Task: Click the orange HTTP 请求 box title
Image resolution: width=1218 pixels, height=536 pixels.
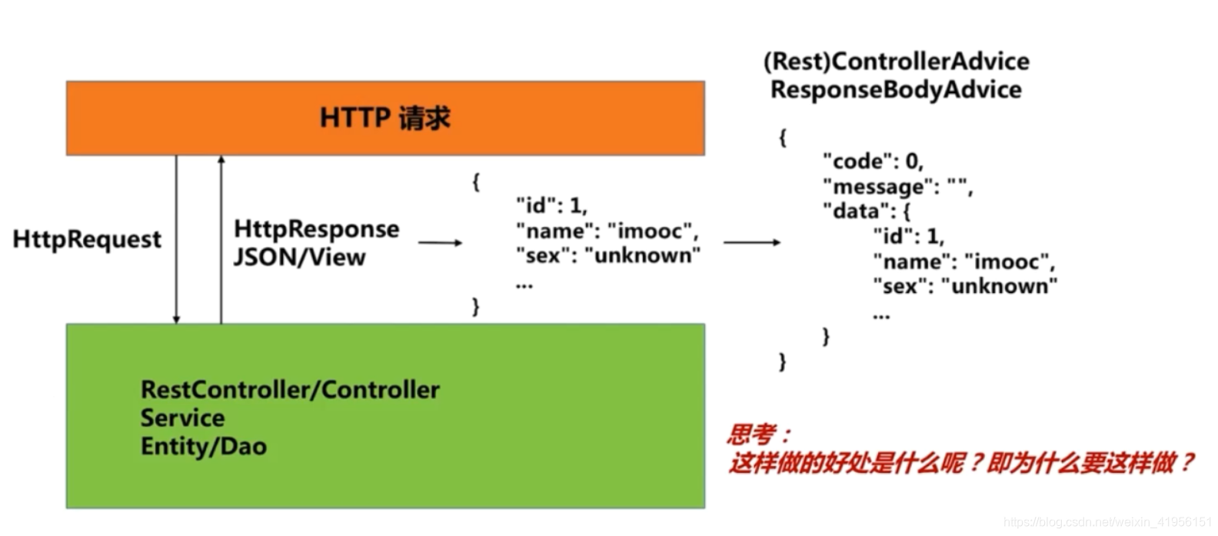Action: (x=384, y=118)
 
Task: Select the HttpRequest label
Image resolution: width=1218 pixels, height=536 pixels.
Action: (x=87, y=239)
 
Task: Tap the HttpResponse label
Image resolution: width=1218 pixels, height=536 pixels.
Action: (x=316, y=228)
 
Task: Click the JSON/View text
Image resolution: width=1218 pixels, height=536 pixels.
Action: (x=299, y=257)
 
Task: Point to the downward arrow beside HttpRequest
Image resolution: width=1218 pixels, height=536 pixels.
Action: (x=176, y=239)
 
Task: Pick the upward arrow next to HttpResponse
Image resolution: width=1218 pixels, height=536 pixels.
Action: (x=221, y=239)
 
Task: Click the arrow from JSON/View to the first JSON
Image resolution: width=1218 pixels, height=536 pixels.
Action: (x=440, y=243)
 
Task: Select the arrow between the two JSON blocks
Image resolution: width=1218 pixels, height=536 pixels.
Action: (x=751, y=243)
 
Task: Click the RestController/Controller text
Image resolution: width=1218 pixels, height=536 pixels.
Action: (x=290, y=390)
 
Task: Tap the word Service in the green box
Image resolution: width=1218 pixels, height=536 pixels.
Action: (x=182, y=418)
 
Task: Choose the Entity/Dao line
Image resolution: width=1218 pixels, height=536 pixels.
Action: (x=203, y=447)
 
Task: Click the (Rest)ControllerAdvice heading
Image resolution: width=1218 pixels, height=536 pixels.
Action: (x=896, y=62)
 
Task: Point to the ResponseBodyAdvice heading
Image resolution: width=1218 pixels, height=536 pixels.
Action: (x=896, y=90)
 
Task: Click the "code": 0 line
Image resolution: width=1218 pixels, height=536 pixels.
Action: (x=873, y=161)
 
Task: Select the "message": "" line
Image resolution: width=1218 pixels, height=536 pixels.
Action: (x=897, y=187)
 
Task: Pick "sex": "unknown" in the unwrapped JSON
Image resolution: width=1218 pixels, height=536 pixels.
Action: (x=607, y=256)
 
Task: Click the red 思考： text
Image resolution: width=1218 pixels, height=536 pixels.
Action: (x=758, y=435)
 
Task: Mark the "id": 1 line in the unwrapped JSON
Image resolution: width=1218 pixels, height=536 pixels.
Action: (x=551, y=205)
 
